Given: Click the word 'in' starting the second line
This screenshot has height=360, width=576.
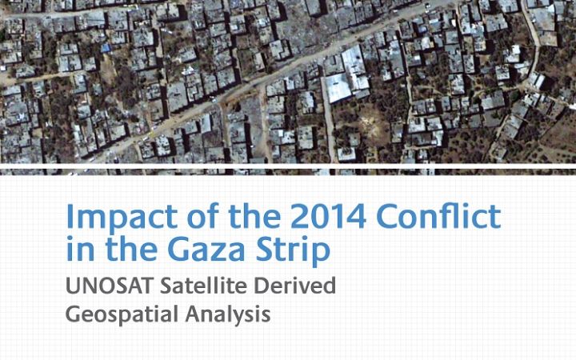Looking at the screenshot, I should [78, 250].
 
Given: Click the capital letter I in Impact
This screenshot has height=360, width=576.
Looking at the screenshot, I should [70, 217].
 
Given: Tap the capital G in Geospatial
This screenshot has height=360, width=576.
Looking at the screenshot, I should [73, 314].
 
